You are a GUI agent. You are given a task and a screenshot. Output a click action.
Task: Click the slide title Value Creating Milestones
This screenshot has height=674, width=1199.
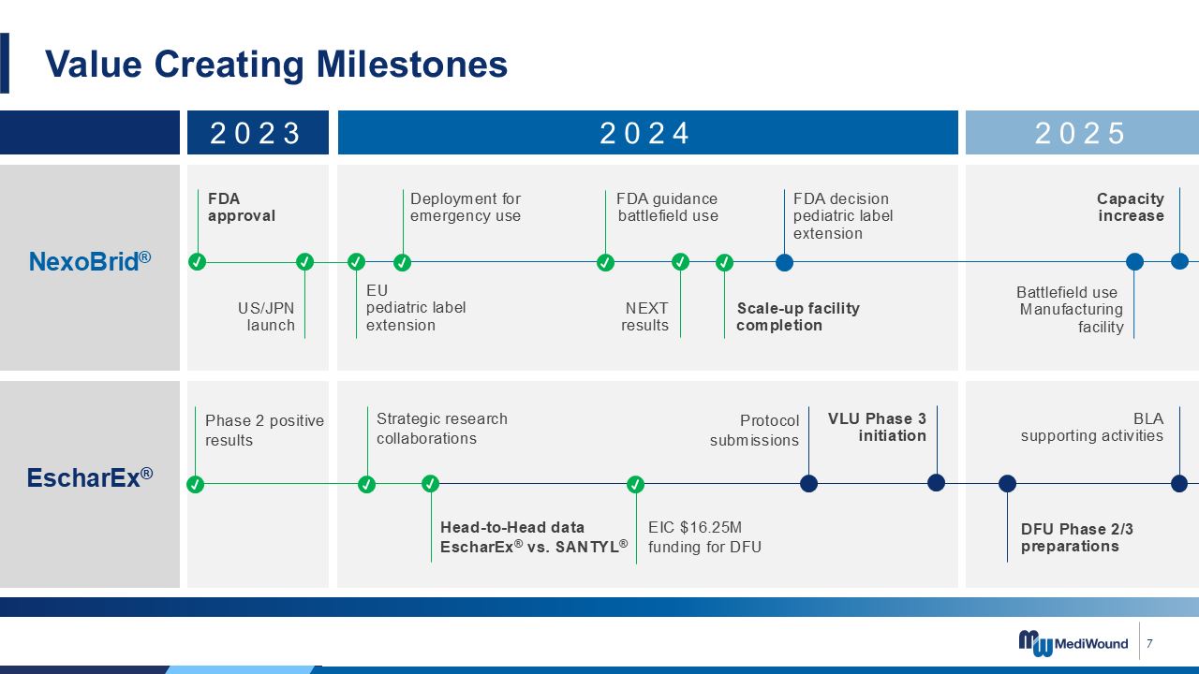(x=276, y=65)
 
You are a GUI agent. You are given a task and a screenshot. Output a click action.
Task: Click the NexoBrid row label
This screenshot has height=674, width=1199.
(x=90, y=261)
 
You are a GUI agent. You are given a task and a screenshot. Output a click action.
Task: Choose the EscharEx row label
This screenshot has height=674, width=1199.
(x=90, y=477)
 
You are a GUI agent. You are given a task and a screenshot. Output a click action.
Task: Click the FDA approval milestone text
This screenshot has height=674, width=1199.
(x=242, y=207)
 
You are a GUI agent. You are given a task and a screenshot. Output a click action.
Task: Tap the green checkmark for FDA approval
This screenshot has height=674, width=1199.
(x=198, y=262)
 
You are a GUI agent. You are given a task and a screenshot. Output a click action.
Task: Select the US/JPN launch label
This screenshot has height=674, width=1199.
(x=266, y=316)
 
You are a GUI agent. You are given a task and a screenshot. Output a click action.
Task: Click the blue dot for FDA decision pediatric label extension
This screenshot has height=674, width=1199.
(x=784, y=262)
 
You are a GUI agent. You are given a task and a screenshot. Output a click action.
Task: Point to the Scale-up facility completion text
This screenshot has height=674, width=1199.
(x=798, y=316)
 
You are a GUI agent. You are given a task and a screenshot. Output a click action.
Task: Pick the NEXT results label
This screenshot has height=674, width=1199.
(x=644, y=316)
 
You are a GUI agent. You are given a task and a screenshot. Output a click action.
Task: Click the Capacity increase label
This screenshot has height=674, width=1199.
(x=1131, y=207)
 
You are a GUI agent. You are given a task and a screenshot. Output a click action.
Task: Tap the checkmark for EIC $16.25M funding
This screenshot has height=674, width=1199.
(x=635, y=484)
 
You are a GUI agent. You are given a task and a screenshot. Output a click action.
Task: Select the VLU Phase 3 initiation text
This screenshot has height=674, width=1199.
(x=877, y=427)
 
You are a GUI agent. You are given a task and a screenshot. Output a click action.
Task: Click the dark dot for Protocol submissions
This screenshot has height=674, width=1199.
(x=808, y=484)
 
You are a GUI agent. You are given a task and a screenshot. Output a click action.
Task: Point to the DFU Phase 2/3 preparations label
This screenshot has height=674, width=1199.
(x=1076, y=537)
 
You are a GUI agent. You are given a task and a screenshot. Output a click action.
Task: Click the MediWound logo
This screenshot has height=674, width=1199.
(x=1073, y=642)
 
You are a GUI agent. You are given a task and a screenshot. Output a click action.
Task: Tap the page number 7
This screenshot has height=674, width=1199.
(x=1149, y=643)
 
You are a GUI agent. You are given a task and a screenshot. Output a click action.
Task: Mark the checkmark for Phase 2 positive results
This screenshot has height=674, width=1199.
(x=196, y=485)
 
